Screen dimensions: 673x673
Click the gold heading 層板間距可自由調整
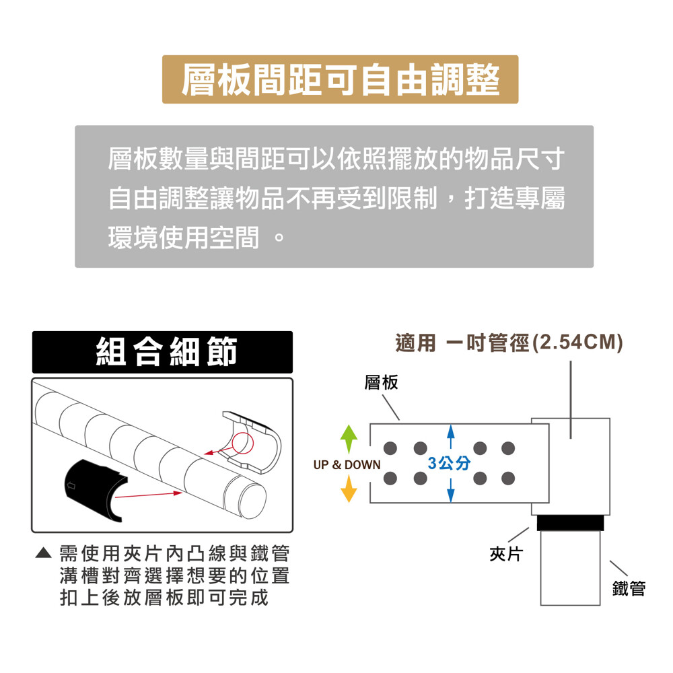coord(340,79)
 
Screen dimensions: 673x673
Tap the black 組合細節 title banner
coord(162,352)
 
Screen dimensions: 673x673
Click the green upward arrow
coord(349,439)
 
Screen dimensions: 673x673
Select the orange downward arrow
coord(349,489)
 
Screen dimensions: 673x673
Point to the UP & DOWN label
coord(347,465)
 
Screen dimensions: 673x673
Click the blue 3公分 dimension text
coord(449,463)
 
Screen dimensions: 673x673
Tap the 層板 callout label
coord(381,382)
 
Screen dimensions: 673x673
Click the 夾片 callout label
coord(506,554)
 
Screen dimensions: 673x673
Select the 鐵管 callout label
coord(629,588)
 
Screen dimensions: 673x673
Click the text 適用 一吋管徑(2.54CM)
coord(509,343)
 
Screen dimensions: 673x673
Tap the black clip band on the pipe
coord(571,523)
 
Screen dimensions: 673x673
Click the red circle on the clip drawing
coord(243,444)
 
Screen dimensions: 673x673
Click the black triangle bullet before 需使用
coord(43,553)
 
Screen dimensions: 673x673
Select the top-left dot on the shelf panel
coord(390,448)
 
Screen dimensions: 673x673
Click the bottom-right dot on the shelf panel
coord(508,478)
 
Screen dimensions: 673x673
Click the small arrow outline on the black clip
coord(71,486)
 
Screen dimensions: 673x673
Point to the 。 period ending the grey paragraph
coord(279,238)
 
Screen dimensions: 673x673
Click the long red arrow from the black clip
coord(149,495)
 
